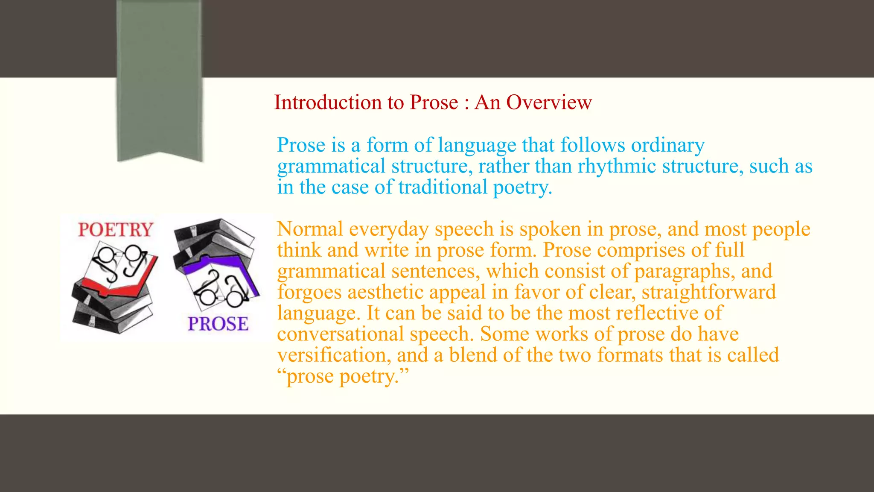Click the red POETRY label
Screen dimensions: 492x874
(x=116, y=230)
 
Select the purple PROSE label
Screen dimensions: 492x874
(x=218, y=324)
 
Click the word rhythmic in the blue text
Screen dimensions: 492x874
(x=617, y=166)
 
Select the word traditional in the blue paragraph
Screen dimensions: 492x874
(x=443, y=187)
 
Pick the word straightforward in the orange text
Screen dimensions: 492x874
(x=709, y=292)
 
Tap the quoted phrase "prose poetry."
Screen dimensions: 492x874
(x=343, y=376)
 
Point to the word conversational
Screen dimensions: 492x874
(x=340, y=334)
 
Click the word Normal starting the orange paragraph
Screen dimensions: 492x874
(x=310, y=229)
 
